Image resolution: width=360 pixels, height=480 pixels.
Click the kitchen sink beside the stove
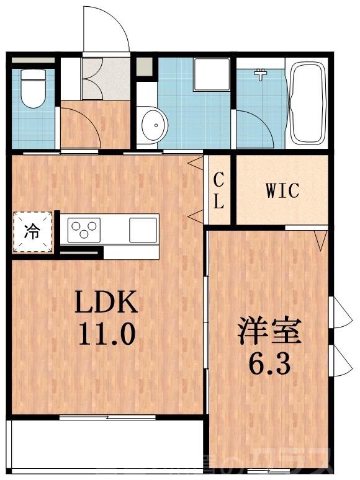(143, 230)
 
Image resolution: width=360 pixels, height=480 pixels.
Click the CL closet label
(219, 191)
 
